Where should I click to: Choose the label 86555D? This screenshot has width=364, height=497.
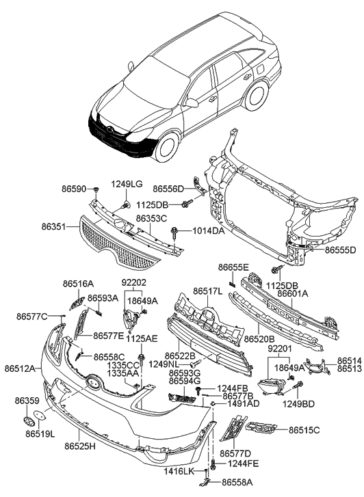[340, 250]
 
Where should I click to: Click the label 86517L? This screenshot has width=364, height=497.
[208, 291]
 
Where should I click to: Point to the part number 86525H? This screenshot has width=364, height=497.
[81, 446]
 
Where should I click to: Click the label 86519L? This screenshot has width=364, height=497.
[40, 433]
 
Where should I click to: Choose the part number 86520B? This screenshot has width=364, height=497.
[258, 338]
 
